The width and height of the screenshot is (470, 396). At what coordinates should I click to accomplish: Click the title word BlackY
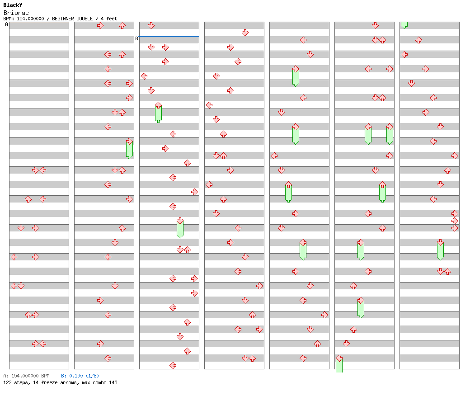click(x=13, y=5)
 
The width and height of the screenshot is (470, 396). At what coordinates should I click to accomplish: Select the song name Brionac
click(x=16, y=13)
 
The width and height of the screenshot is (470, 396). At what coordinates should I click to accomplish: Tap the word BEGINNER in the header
click(x=63, y=19)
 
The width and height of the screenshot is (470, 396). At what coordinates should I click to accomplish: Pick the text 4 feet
click(x=109, y=19)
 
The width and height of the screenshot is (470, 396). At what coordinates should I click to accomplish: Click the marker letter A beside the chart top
click(x=7, y=24)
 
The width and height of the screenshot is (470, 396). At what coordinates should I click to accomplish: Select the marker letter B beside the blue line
click(x=136, y=38)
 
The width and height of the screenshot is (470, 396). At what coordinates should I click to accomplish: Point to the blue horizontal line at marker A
click(x=39, y=22)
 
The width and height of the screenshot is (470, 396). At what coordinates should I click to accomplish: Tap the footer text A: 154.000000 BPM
click(x=26, y=376)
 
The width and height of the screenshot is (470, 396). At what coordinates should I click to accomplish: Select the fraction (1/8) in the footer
click(x=93, y=376)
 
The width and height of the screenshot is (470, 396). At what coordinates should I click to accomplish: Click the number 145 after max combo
click(x=113, y=382)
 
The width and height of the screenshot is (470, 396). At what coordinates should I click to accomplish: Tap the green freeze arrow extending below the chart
click(x=339, y=365)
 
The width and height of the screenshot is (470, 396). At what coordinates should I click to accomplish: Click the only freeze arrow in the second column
click(x=129, y=149)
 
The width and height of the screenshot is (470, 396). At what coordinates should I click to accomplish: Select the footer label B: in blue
click(x=64, y=376)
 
